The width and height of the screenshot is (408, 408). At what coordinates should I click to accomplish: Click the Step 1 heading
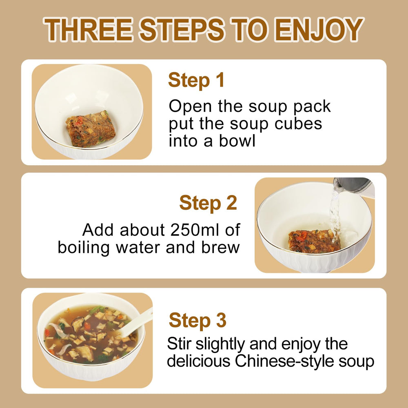(x=196, y=80)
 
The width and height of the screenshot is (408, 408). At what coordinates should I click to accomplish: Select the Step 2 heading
(x=208, y=203)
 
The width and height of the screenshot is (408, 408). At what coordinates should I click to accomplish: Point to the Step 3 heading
(x=197, y=320)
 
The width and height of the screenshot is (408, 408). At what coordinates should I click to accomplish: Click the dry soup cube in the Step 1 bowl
(x=91, y=129)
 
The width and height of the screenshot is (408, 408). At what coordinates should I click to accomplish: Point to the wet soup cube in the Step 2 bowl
(x=315, y=241)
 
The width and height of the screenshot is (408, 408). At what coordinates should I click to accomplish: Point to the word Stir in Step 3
(x=179, y=344)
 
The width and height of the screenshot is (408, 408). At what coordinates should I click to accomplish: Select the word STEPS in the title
(x=182, y=29)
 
